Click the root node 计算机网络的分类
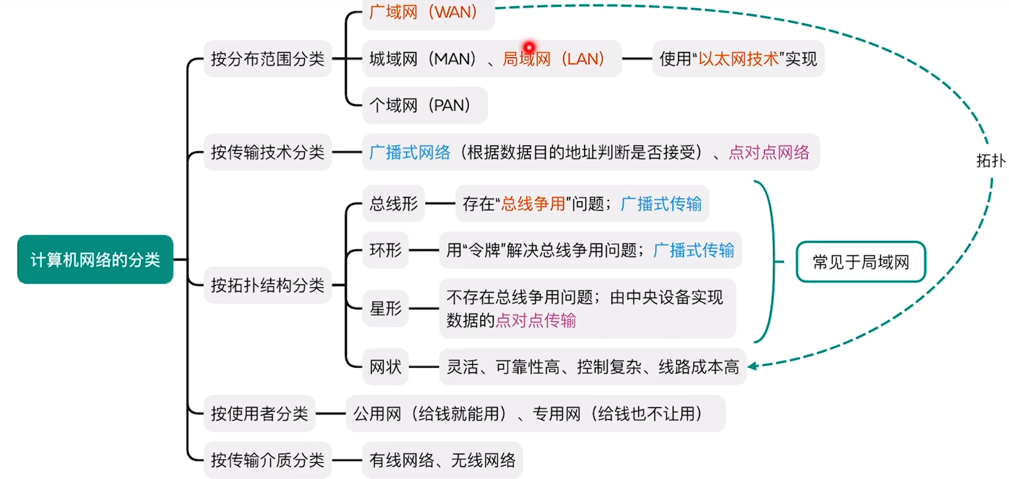[x=95, y=259]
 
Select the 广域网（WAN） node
[x=428, y=12]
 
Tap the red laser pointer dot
[x=529, y=47]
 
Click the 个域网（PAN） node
[x=425, y=105]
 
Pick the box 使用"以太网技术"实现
[x=738, y=58]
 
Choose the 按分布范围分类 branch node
[x=268, y=58]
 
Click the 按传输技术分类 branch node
[x=268, y=152]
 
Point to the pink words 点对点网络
[x=769, y=152]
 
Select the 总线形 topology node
[x=394, y=204]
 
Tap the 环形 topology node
[x=385, y=250]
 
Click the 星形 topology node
[x=385, y=308]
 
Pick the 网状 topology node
[x=385, y=367]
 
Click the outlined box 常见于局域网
[x=861, y=261]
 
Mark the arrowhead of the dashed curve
[x=753, y=366]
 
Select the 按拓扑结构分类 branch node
[x=268, y=285]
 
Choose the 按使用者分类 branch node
[x=260, y=413]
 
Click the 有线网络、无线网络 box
[x=443, y=460]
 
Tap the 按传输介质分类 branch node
[x=268, y=460]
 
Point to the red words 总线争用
[x=533, y=204]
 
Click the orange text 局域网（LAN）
[x=553, y=58]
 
